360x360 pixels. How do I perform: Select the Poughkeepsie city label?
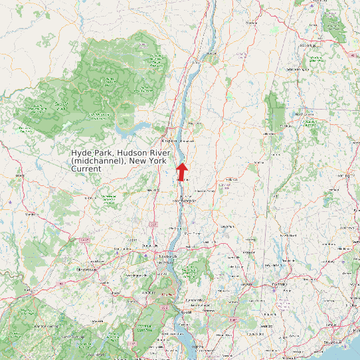pyautogui.click(x=184, y=200)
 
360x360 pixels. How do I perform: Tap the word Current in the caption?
pyautogui.click(x=86, y=169)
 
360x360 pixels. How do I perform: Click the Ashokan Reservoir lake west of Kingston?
pyautogui.click(x=136, y=126)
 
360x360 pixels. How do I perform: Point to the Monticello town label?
pyautogui.click(x=31, y=214)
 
